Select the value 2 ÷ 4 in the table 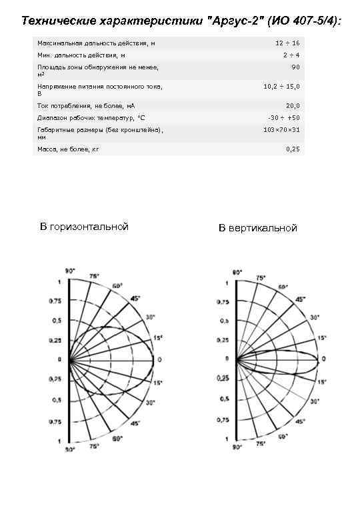click(x=291, y=55)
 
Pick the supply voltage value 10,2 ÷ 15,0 click(x=281, y=86)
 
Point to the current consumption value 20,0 click(x=293, y=105)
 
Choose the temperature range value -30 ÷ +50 click(x=283, y=117)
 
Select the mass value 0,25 click(x=293, y=149)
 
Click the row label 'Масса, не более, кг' click(x=68, y=149)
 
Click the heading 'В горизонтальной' click(x=83, y=227)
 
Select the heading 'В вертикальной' click(x=257, y=228)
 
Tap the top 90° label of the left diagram click(x=69, y=271)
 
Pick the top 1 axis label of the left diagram click(x=59, y=281)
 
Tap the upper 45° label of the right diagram click(x=300, y=299)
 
